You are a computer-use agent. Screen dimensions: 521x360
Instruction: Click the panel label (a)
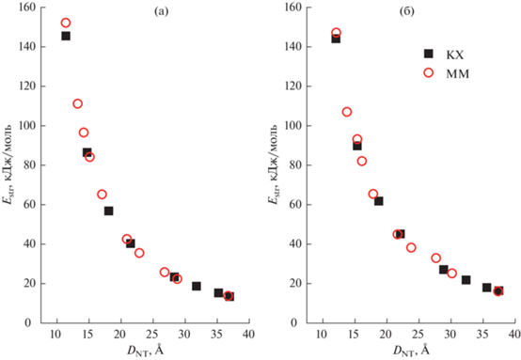point(162,12)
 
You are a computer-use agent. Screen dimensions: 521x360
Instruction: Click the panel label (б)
point(406,12)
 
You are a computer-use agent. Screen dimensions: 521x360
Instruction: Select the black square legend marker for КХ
point(429,54)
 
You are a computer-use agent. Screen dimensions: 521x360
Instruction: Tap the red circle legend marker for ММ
point(429,72)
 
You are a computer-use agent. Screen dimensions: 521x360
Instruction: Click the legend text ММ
point(458,73)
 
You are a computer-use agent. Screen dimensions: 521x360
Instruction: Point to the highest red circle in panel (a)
point(66,23)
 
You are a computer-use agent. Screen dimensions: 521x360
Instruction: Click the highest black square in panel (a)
point(66,36)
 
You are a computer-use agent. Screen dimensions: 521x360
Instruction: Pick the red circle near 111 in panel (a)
point(77,103)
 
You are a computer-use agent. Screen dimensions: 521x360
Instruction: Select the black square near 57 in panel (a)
point(109,211)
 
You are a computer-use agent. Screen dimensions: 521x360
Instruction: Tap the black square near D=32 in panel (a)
point(197,286)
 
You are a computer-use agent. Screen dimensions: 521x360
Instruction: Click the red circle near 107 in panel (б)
point(347,112)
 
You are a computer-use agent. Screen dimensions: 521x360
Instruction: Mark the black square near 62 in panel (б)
point(378,201)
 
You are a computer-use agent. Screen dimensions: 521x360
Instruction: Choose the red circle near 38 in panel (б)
point(411,247)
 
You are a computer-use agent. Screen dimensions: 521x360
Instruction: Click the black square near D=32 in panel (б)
point(466,280)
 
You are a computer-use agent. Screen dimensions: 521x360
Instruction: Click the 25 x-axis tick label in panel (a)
point(153,334)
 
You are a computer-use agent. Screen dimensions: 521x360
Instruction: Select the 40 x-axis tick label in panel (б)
point(514,334)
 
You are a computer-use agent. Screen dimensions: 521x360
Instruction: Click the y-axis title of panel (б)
point(273,164)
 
